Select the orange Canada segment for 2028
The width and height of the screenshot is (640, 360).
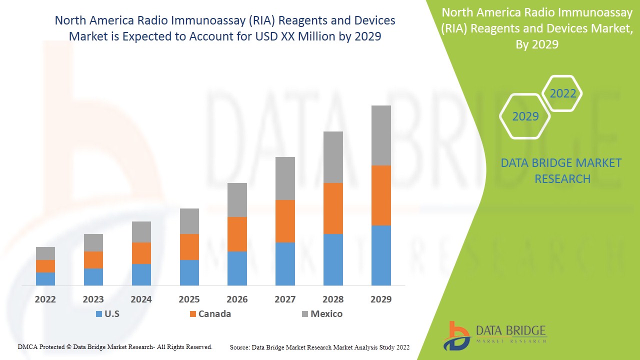point(333,208)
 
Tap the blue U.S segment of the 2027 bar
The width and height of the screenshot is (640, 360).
point(285,264)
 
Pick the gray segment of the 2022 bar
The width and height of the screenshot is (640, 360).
point(45,253)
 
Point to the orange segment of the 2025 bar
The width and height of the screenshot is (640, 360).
point(189,247)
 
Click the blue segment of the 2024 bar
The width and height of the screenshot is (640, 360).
point(141,274)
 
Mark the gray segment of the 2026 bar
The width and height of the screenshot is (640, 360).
point(237,200)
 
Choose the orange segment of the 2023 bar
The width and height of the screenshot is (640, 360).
point(93,260)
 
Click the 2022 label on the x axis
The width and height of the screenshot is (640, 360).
point(45,299)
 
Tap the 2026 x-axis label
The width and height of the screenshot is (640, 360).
point(237,299)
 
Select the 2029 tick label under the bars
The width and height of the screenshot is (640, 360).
point(380,299)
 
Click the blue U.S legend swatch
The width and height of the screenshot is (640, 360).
point(98,314)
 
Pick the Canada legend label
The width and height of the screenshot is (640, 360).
point(214,314)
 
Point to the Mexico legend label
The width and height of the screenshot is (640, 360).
point(326,314)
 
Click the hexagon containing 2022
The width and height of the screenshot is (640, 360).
point(562,93)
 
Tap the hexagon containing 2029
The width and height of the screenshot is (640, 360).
point(525,116)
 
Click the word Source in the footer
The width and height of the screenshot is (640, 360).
point(240,347)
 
